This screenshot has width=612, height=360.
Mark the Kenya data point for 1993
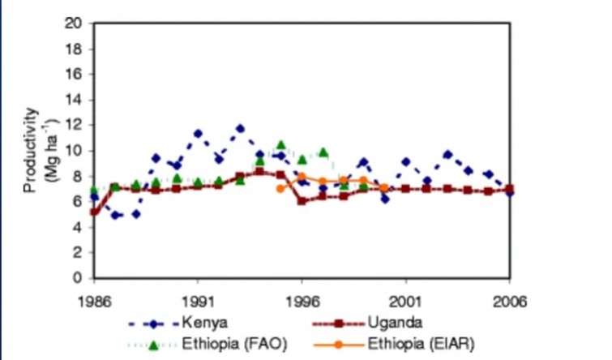click(x=240, y=128)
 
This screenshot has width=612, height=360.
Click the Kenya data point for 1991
click(x=198, y=133)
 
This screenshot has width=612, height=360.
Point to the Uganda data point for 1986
click(x=95, y=212)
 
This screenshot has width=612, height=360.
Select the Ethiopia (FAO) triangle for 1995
click(x=281, y=144)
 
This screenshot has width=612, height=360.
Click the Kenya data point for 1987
click(x=115, y=215)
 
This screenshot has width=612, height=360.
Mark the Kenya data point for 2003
click(x=447, y=154)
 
